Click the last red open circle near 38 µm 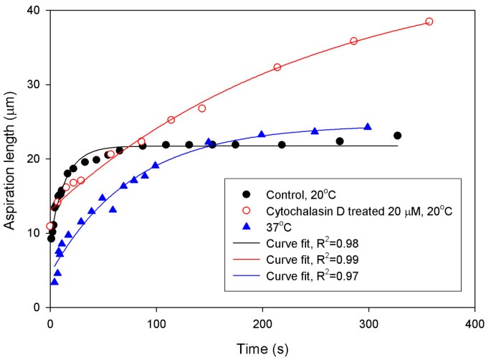click(x=429, y=22)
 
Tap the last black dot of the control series click(x=397, y=136)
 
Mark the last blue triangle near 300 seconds click(x=368, y=126)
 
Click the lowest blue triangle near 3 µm click(x=54, y=281)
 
